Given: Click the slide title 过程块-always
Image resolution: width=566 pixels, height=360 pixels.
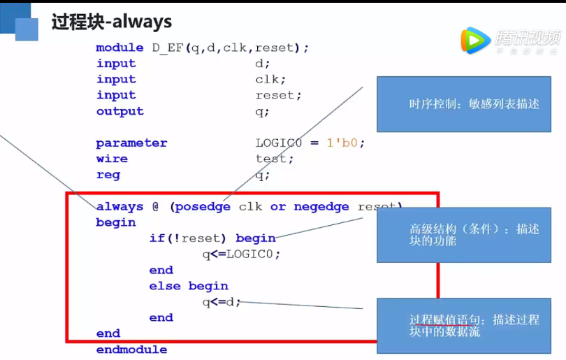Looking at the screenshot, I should tap(112, 22).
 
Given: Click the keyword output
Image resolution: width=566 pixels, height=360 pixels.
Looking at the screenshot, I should tap(119, 111).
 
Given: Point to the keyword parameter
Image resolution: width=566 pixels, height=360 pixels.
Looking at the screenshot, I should tap(131, 143).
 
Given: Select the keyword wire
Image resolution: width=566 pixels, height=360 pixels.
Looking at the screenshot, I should tap(112, 159).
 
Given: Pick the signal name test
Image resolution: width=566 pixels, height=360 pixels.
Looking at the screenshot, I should tap(274, 159).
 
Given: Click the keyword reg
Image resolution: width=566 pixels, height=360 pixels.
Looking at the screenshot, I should tap(108, 175).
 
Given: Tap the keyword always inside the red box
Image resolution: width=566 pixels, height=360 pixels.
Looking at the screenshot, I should tap(119, 207).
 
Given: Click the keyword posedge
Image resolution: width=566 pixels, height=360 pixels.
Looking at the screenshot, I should tap(204, 207).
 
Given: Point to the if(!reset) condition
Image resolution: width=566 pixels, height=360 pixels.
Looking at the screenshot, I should tap(190, 238).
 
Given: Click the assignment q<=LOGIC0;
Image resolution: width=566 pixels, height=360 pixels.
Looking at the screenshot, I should tap(241, 254).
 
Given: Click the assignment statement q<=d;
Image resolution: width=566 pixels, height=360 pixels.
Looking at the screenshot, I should tap(222, 302).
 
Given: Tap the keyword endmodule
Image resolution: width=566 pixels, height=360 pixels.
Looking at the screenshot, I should tap(131, 350).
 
